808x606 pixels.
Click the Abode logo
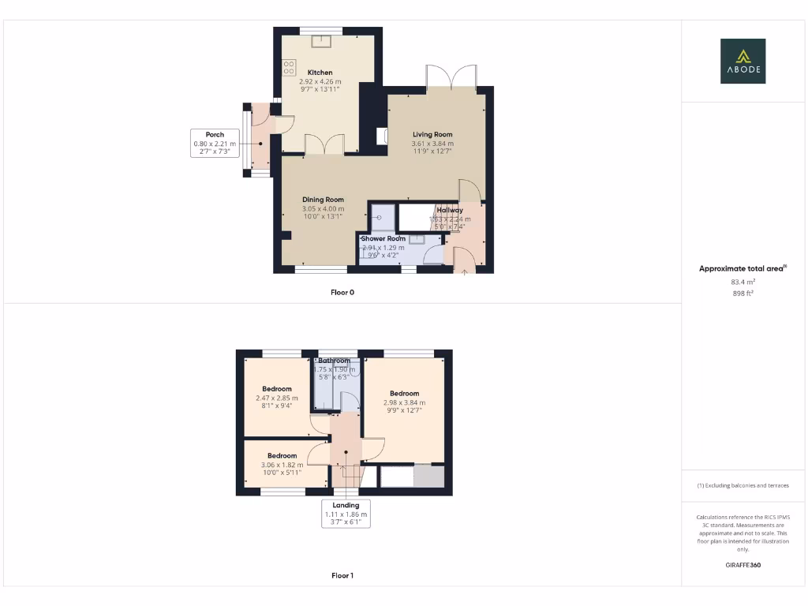pos(743,62)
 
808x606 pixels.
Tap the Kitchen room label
pos(320,73)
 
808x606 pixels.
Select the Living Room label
pos(432,135)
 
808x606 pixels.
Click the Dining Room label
pos(324,200)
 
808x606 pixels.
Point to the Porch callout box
pos(215,143)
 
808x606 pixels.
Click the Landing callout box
pos(346,513)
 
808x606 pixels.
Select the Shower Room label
pos(383,238)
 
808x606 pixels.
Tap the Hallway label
pos(450,211)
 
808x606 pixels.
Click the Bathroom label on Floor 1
pos(334,361)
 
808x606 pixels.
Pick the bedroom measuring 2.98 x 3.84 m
pos(404,394)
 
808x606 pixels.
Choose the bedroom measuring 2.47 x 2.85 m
pos(277,389)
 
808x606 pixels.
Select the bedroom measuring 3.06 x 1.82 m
pos(282,456)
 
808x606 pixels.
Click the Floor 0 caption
pos(342,292)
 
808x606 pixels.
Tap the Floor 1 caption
pos(342,575)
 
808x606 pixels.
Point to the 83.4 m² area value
pos(743,281)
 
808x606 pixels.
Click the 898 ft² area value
pos(743,293)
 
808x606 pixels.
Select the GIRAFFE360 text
pos(743,565)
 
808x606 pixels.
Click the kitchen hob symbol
pos(289,68)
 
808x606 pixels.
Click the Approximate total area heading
pos(743,268)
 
